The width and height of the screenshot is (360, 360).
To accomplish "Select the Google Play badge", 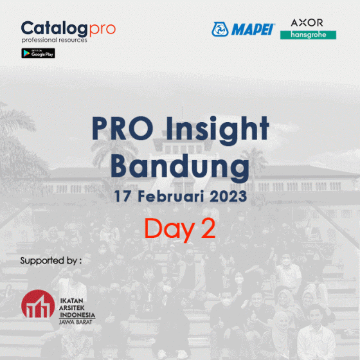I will point(38,53).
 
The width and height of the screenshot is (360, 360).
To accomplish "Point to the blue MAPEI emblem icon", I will point(221,30).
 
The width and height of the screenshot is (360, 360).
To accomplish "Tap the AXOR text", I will point(307,22).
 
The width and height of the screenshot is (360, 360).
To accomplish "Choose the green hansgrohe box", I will point(308,35).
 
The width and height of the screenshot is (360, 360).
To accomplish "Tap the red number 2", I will point(208,229).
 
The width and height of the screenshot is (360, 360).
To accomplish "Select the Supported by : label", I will point(51,261).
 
